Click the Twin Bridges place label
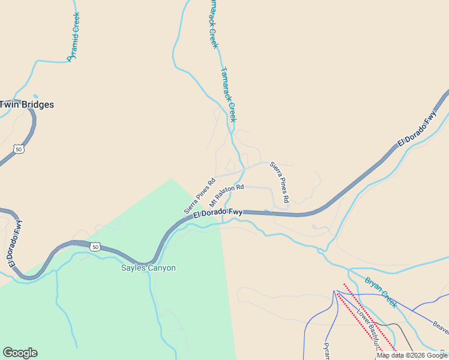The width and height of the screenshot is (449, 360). point(26,104)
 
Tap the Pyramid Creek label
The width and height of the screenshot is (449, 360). point(74,37)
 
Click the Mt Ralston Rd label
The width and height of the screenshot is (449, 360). point(226,196)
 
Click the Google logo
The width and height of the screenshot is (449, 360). point(20,353)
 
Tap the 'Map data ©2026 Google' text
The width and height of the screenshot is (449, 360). point(412,355)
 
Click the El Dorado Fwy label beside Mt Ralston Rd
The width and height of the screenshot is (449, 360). point(218,212)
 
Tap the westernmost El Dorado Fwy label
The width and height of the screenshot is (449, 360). point(16,242)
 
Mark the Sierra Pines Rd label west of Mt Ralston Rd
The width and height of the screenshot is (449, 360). point(199,196)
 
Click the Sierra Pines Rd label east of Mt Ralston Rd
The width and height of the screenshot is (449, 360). point(280,181)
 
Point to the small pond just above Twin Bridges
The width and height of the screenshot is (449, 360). point(36,96)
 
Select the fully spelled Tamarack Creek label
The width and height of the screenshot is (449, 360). point(229,94)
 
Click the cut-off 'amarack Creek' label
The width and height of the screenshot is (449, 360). point(212,24)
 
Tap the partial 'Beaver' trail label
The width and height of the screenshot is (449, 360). point(441,328)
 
